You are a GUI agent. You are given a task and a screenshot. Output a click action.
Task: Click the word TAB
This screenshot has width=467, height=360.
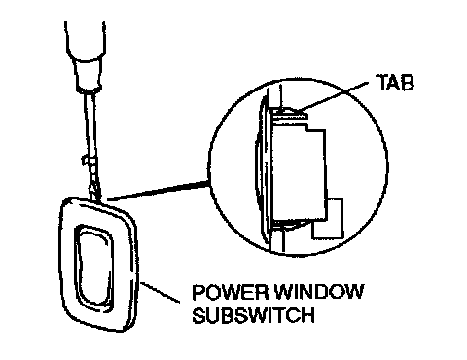395,83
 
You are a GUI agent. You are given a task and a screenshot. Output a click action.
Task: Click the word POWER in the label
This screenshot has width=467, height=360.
230,292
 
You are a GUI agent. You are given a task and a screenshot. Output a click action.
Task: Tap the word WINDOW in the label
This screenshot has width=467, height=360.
319,292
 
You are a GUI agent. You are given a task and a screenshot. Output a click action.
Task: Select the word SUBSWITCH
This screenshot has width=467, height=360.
253,314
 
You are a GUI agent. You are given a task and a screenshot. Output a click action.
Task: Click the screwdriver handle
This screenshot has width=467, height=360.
85,41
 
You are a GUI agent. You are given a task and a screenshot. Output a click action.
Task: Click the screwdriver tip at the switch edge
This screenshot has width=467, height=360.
96,198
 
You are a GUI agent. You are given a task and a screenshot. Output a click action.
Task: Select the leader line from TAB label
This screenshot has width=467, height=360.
334,96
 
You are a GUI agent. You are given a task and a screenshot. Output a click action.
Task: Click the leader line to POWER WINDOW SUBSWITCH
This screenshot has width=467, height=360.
160,292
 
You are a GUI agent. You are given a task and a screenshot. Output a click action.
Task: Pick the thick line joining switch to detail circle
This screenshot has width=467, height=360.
159,191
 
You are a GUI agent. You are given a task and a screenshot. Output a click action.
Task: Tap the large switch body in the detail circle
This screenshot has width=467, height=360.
299,172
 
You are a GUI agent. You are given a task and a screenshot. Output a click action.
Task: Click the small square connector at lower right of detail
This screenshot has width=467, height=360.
328,219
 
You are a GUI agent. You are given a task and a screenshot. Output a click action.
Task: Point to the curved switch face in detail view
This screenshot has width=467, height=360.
262,172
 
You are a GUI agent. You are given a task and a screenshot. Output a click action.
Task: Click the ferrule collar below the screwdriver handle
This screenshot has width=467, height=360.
89,75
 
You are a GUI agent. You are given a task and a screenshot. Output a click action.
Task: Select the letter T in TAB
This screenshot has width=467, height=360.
382,83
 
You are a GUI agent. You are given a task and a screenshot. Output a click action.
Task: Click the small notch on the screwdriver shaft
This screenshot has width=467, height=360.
85,161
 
